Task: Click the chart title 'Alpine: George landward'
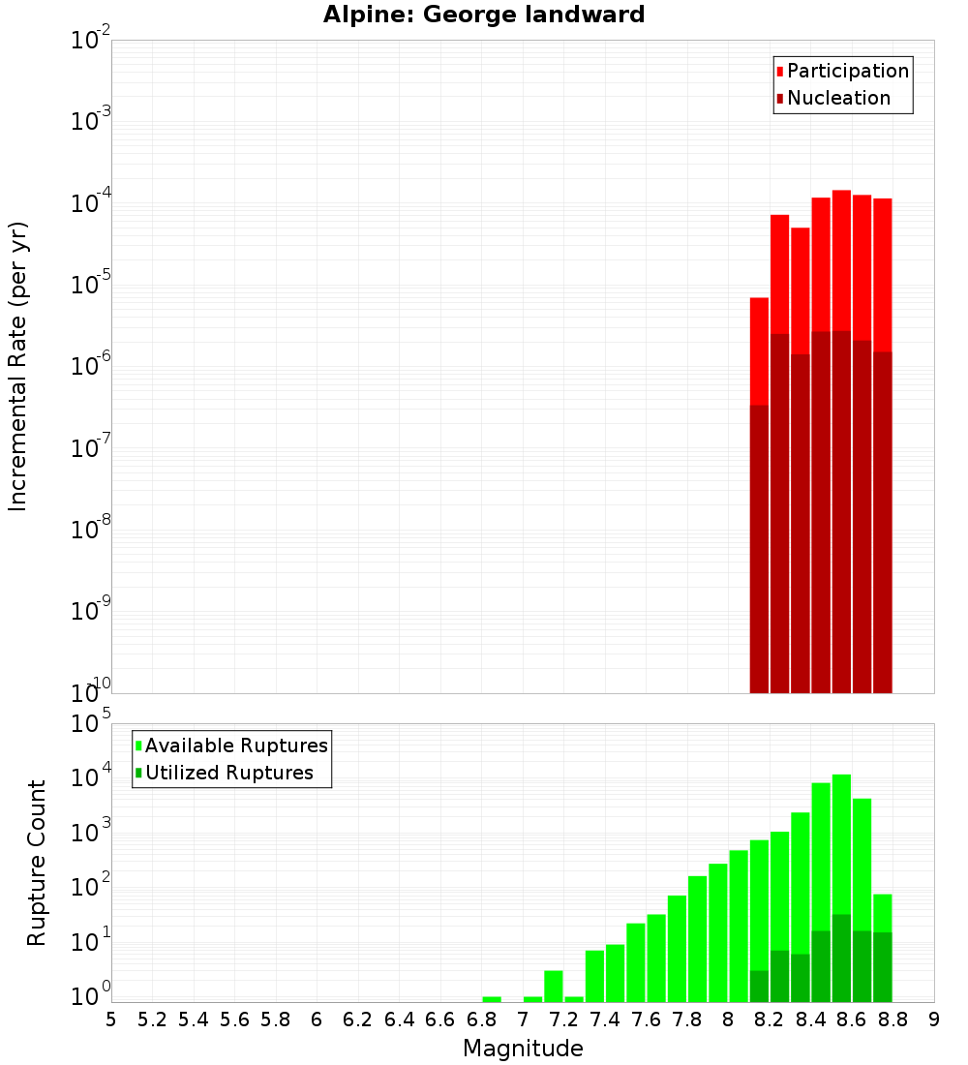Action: [x=483, y=15]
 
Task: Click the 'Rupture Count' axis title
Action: [x=37, y=863]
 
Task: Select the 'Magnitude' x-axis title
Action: [x=523, y=1049]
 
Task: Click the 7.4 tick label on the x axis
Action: [x=605, y=1019]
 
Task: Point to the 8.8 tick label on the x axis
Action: [x=892, y=1019]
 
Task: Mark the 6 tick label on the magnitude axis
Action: [x=317, y=1019]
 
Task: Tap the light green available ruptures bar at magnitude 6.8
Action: [x=492, y=999]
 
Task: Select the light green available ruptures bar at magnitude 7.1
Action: [x=553, y=986]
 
